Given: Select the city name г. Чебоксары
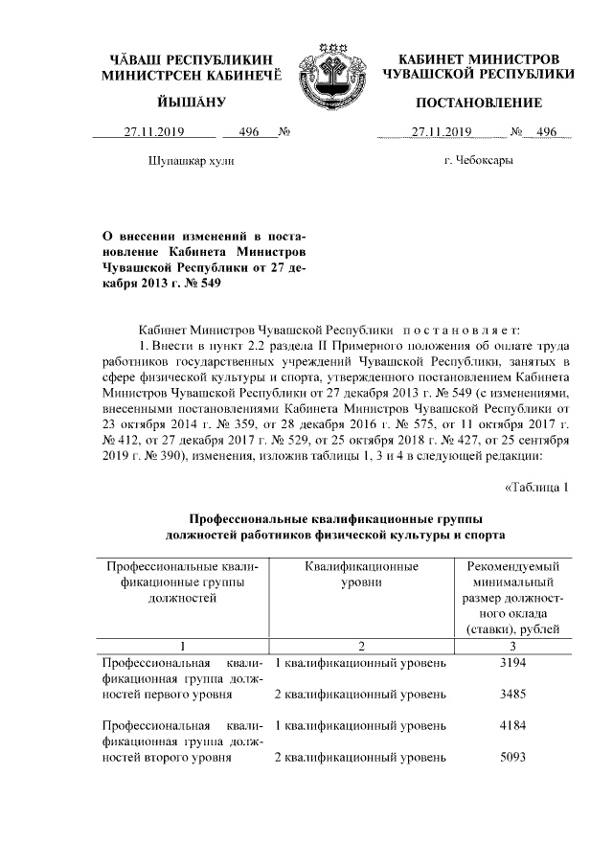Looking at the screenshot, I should pyautogui.click(x=478, y=160).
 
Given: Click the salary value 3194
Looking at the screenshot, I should pyautogui.click(x=513, y=662).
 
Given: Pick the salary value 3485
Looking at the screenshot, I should pyautogui.click(x=513, y=693).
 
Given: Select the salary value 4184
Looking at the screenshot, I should pyautogui.click(x=513, y=726).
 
